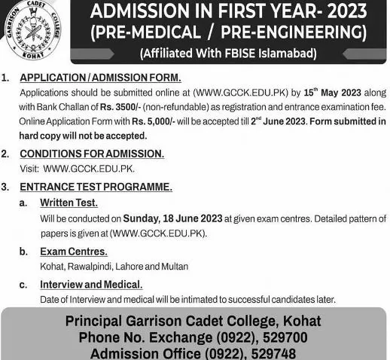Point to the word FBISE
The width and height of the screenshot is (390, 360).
coord(243,53)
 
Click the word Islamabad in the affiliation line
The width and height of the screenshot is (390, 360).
coord(290,53)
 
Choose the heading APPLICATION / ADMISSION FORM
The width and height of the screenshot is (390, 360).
coord(100,78)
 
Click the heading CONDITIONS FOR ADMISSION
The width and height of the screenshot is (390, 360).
coord(92,154)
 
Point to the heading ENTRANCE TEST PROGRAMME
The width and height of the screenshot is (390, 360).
coord(96,185)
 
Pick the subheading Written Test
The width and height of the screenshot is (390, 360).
coord(69,203)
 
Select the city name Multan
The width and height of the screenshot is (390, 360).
coord(172,267)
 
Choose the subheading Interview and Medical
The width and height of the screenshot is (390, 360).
coord(91,285)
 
